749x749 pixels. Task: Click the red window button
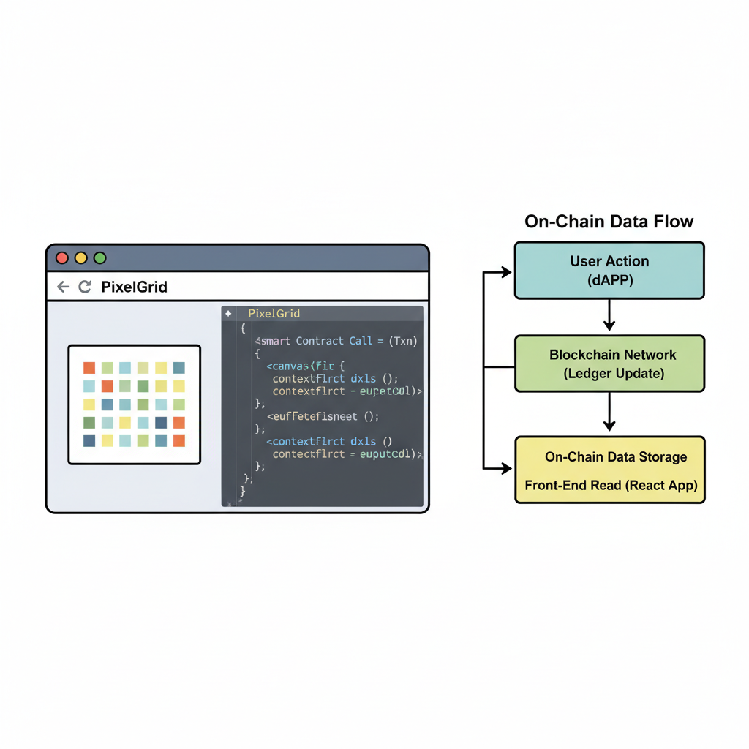[62, 258]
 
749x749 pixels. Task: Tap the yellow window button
[81, 258]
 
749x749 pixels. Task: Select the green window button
[100, 258]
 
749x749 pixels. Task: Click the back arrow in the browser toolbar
[63, 287]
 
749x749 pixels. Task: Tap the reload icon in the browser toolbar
[85, 287]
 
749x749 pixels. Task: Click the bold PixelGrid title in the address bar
[134, 287]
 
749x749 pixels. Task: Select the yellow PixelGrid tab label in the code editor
[274, 314]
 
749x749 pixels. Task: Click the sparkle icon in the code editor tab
[228, 314]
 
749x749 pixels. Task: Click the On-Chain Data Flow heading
[609, 222]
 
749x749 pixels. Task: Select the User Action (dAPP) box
[609, 271]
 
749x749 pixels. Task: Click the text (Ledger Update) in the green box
[613, 374]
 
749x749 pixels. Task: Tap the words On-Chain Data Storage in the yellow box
[616, 457]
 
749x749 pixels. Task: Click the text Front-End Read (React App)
[611, 485]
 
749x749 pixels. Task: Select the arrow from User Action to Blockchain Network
[609, 315]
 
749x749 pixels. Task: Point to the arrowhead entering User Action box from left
[505, 272]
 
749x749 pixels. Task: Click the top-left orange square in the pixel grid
[89, 368]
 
